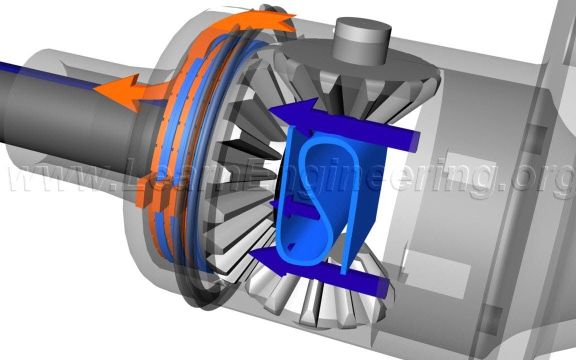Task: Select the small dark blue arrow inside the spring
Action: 294,208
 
